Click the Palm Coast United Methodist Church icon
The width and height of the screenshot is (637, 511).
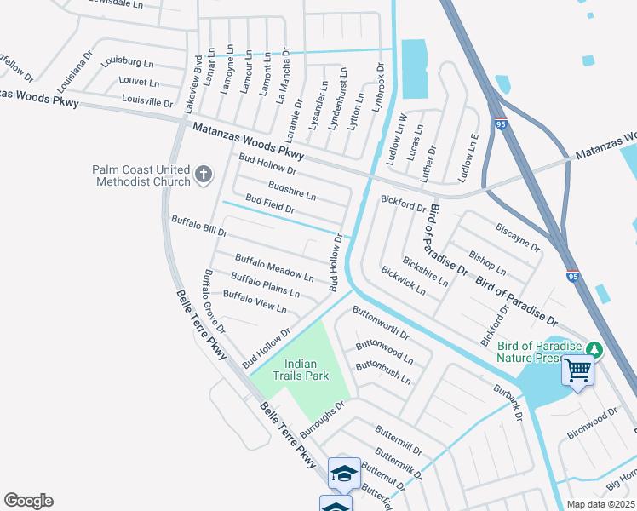pyautogui.click(x=203, y=175)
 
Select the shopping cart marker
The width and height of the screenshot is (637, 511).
pyautogui.click(x=578, y=370)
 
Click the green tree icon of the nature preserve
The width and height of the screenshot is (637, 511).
pyautogui.click(x=595, y=349)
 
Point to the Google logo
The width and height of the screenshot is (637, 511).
pyautogui.click(x=28, y=501)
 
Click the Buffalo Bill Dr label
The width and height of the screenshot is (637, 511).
pyautogui.click(x=199, y=226)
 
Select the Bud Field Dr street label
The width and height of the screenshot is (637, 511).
pyautogui.click(x=269, y=204)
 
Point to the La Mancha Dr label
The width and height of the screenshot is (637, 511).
pyautogui.click(x=284, y=75)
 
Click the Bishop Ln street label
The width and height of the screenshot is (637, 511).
pyautogui.click(x=487, y=263)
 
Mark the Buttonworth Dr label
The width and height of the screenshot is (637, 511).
pyautogui.click(x=381, y=323)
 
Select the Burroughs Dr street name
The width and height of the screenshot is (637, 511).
pyautogui.click(x=320, y=414)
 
